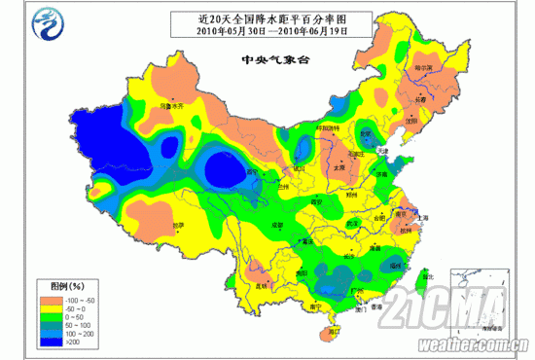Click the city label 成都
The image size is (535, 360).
tap(278, 224)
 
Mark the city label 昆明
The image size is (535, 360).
tap(260, 286)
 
